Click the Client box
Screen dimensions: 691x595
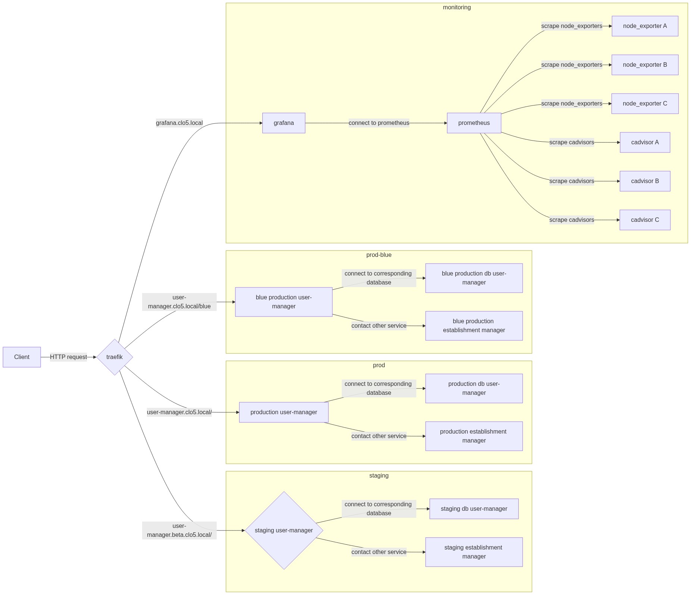(x=22, y=357)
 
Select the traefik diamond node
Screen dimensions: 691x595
(x=115, y=357)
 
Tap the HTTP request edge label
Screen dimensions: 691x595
(x=68, y=357)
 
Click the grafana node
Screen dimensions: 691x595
(x=284, y=123)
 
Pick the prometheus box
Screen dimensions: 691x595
(x=474, y=123)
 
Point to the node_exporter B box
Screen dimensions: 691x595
(x=645, y=65)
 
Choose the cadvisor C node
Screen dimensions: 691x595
(x=645, y=220)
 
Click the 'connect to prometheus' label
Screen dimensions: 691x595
(x=379, y=123)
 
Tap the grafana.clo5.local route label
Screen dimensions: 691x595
(x=179, y=123)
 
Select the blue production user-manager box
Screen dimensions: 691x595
(x=284, y=302)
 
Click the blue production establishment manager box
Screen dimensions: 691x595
(x=474, y=326)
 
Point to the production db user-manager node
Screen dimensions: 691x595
(x=474, y=388)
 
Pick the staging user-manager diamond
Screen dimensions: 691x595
(x=284, y=531)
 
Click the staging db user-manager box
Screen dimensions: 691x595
(x=474, y=509)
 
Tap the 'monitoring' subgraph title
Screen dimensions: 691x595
(x=457, y=7)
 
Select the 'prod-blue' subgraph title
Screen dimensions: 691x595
(x=379, y=255)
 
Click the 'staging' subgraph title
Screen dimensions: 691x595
(x=379, y=476)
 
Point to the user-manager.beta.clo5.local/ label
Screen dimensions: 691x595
(x=179, y=531)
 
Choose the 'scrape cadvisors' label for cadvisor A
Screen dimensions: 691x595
(x=572, y=142)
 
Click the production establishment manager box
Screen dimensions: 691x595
(x=474, y=436)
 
